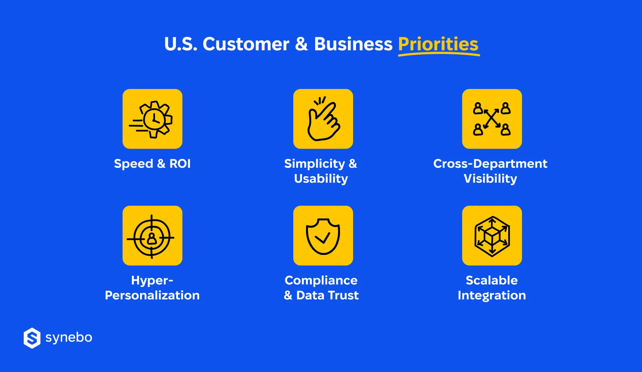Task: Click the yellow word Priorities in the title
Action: click(x=438, y=44)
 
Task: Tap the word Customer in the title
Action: click(x=246, y=44)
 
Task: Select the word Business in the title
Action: click(x=353, y=44)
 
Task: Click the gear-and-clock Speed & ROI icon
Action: click(x=152, y=119)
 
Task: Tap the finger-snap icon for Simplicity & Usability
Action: click(x=323, y=119)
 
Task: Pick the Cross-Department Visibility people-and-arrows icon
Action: click(x=492, y=119)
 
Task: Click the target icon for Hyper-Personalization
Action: click(x=152, y=236)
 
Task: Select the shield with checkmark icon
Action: click(x=323, y=236)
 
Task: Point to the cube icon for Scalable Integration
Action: click(x=492, y=236)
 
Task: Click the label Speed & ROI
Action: click(x=152, y=164)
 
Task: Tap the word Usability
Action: click(x=321, y=179)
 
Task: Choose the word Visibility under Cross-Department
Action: click(x=490, y=179)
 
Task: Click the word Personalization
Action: click(x=152, y=295)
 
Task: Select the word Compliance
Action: click(x=321, y=280)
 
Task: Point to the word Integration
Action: click(x=492, y=295)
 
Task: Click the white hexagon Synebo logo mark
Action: click(x=32, y=338)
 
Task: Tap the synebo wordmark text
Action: click(x=69, y=338)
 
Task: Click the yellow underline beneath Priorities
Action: click(x=439, y=55)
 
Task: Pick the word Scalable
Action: click(x=492, y=280)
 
